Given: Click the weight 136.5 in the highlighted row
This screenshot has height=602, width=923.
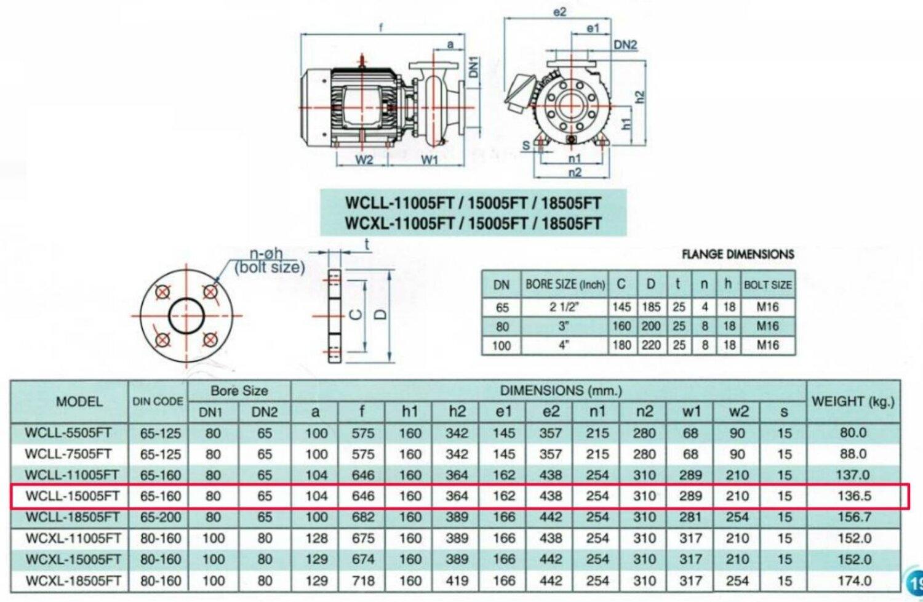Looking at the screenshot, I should click(x=854, y=496).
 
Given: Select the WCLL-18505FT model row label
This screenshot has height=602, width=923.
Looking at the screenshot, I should click(x=73, y=517).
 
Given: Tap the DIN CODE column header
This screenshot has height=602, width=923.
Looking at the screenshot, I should click(x=158, y=401).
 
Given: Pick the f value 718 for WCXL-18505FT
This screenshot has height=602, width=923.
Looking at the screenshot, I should click(x=363, y=580).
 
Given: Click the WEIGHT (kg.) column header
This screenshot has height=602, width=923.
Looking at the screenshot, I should click(x=853, y=401).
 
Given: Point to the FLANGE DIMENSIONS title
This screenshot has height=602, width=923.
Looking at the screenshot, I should click(x=738, y=254).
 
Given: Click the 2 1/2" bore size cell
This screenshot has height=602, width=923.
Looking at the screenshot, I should click(x=564, y=307).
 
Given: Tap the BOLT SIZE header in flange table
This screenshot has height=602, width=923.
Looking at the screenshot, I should click(x=767, y=285).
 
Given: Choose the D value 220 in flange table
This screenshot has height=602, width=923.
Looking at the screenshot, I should click(x=651, y=345).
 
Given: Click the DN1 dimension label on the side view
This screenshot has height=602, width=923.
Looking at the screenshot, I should click(x=473, y=67).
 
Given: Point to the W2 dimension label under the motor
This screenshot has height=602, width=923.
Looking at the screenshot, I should click(x=364, y=160).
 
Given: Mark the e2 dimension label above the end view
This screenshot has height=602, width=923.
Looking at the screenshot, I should click(x=559, y=12).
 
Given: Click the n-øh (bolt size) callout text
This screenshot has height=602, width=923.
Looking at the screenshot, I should click(x=270, y=260).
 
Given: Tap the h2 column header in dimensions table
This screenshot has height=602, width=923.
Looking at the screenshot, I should click(x=457, y=412).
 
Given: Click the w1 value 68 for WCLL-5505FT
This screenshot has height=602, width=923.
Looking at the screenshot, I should click(x=690, y=433).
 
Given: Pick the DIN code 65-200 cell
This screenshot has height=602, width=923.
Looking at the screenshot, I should click(x=160, y=517).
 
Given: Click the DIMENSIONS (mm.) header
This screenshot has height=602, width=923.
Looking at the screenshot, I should click(x=560, y=391).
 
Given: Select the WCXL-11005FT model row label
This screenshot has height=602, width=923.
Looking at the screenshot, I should click(x=73, y=539).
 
